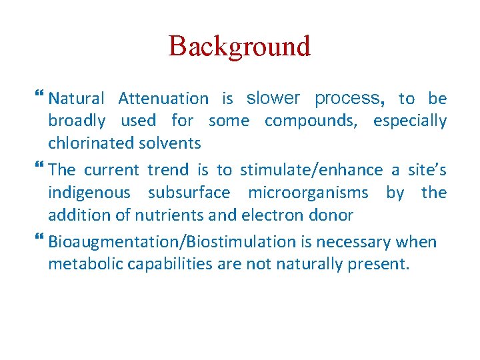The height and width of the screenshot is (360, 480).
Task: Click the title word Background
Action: pos(239,47)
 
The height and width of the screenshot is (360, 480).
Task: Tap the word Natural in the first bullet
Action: pos(77,99)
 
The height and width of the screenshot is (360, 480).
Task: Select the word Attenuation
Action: pos(163,99)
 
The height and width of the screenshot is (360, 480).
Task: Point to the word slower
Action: pos(273,99)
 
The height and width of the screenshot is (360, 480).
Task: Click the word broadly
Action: pos(77,121)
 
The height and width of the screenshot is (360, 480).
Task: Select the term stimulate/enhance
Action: pos(311,170)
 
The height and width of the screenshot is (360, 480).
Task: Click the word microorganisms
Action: pos(308,193)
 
